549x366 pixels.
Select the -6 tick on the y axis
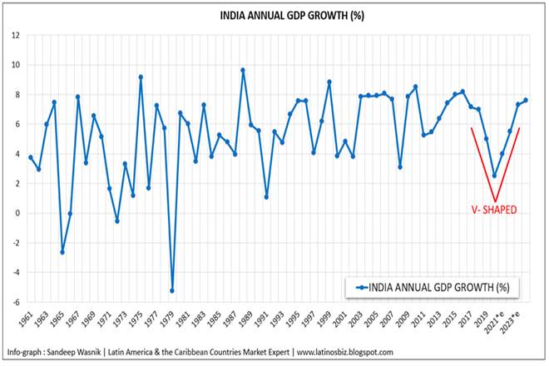pyautogui.click(x=16, y=302)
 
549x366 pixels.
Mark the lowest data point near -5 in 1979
pyautogui.click(x=172, y=290)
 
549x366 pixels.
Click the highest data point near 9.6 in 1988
pyautogui.click(x=243, y=70)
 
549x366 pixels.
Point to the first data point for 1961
pyautogui.click(x=31, y=157)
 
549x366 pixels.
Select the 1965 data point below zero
pyautogui.click(x=62, y=251)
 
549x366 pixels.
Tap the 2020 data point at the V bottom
pyautogui.click(x=494, y=176)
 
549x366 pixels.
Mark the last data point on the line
pyautogui.click(x=526, y=101)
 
